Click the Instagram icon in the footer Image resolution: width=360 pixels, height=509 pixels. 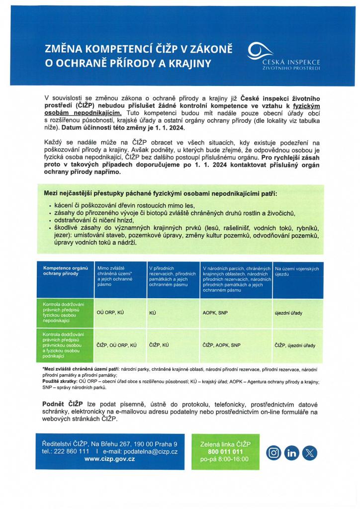click(x=274, y=453)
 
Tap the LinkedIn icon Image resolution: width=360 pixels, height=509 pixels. click(x=292, y=453)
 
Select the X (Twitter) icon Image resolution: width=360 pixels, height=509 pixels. click(x=310, y=453)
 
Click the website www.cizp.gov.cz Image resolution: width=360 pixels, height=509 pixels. click(x=110, y=459)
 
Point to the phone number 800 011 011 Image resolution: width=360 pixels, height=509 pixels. click(x=225, y=452)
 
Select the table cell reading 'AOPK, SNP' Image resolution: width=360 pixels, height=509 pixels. click(x=215, y=313)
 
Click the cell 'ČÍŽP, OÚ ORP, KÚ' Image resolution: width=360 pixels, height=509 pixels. click(x=117, y=344)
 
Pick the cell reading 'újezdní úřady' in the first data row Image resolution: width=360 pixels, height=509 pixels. click(x=288, y=313)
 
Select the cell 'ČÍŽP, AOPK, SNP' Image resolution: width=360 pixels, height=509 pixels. click(x=221, y=344)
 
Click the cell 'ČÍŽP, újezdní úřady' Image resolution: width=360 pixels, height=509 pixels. click(x=295, y=344)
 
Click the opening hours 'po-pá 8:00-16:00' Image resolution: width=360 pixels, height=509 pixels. click(x=225, y=460)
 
